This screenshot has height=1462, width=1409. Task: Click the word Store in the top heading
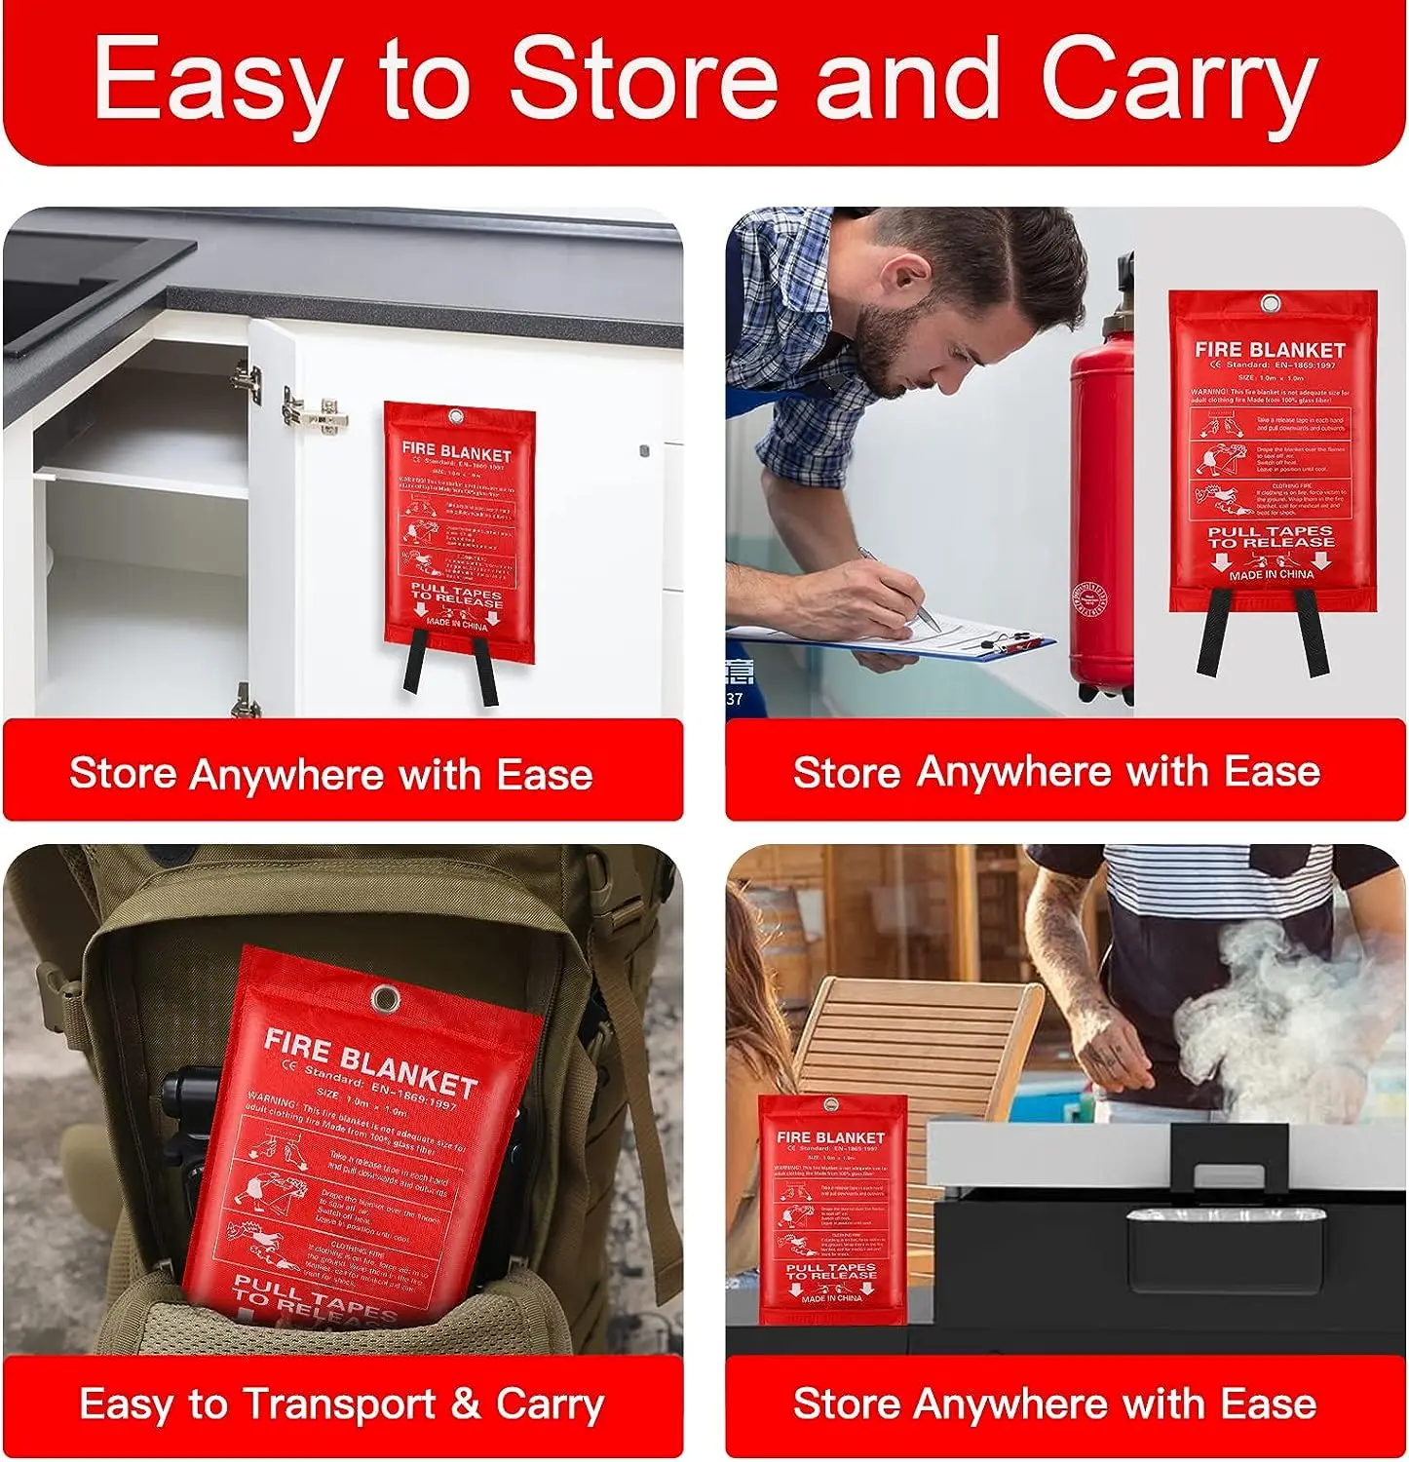[x=643, y=78]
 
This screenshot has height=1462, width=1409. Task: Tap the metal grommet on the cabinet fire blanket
[x=456, y=417]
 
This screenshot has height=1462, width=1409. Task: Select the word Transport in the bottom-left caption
[x=338, y=1404]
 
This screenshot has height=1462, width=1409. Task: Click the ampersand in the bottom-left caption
[x=466, y=1404]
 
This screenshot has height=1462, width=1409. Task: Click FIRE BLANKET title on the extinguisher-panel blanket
[x=1270, y=349]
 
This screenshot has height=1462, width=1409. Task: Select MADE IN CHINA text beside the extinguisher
[x=1271, y=575]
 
